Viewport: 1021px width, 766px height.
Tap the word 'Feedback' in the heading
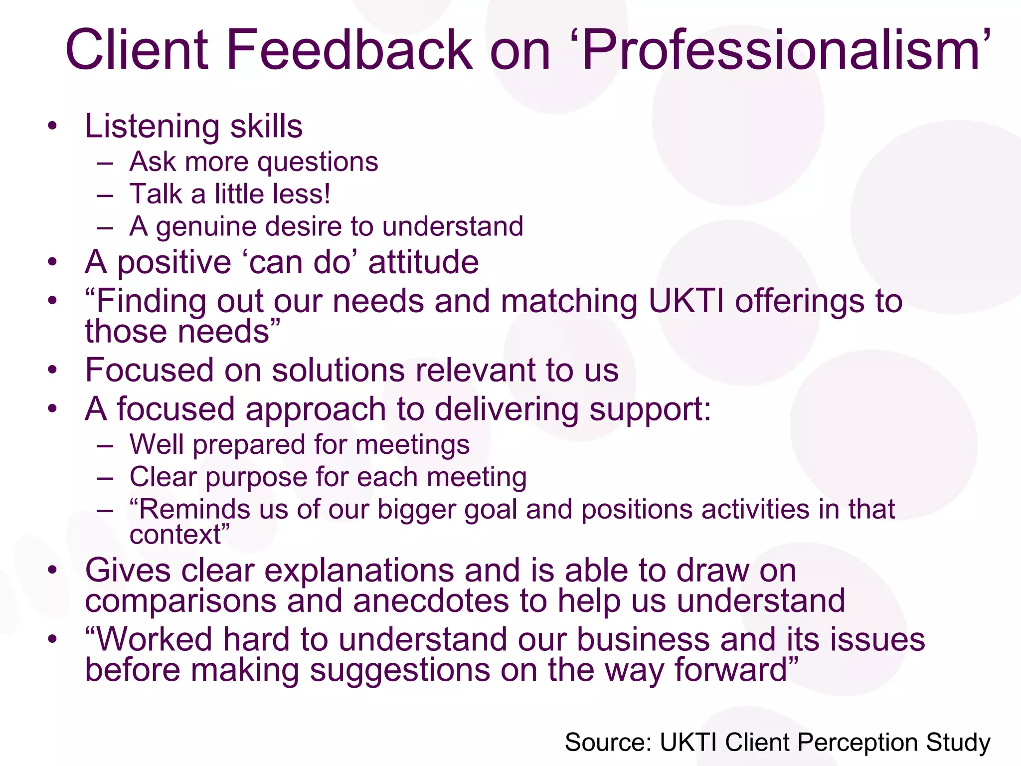tap(348, 50)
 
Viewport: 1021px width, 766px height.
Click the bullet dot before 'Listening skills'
tap(53, 126)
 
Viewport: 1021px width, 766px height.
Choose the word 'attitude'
tap(423, 262)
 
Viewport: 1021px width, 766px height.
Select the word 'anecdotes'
tap(431, 600)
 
